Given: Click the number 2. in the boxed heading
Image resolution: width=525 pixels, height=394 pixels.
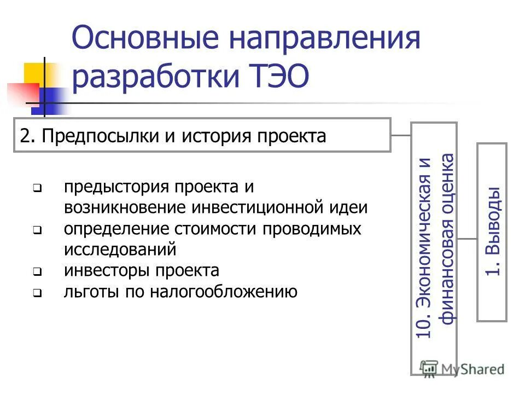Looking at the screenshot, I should (x=27, y=136).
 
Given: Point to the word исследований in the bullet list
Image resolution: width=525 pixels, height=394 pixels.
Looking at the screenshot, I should (x=120, y=250).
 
